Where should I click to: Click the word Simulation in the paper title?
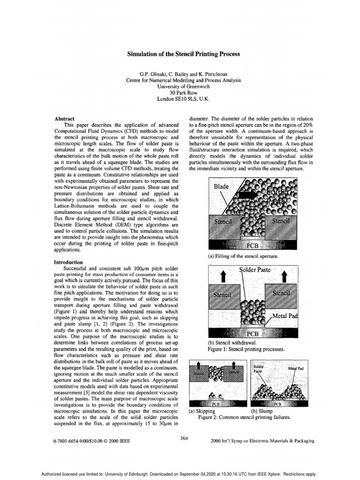pyautogui.click(x=142, y=54)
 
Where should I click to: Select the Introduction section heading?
pyautogui.click(x=68, y=262)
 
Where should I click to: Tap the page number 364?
pyautogui.click(x=184, y=438)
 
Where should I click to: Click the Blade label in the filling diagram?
pyautogui.click(x=221, y=187)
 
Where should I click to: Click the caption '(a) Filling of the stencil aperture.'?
pyautogui.click(x=240, y=256)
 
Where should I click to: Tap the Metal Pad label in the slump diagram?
pyautogui.click(x=296, y=368)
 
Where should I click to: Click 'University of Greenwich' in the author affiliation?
pyautogui.click(x=184, y=87)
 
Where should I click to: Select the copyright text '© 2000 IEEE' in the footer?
pyautogui.click(x=117, y=441)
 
